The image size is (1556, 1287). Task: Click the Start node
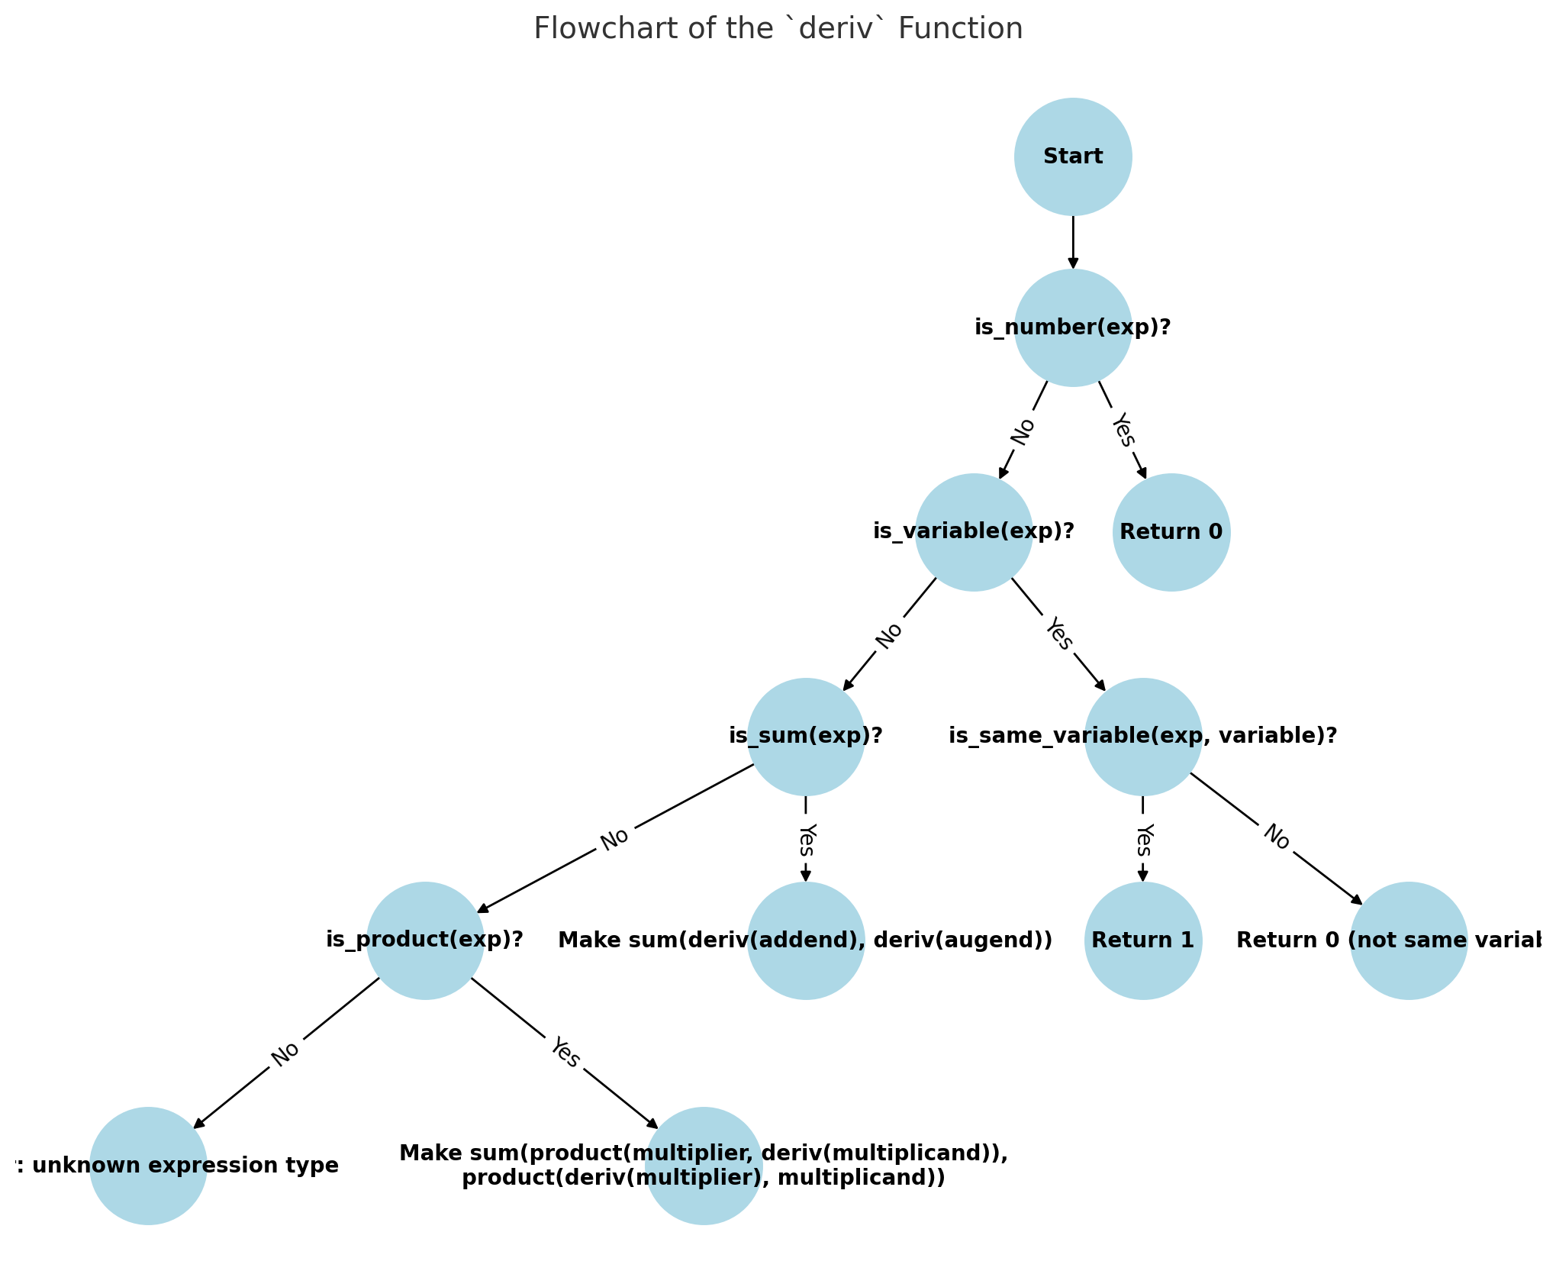(x=1072, y=156)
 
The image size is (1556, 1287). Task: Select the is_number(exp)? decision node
(x=1072, y=327)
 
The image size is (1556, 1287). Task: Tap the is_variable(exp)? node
(x=973, y=532)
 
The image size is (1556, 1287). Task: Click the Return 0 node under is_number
(x=1171, y=532)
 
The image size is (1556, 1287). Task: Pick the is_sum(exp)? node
(x=805, y=737)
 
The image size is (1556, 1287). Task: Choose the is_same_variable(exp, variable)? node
(x=1142, y=737)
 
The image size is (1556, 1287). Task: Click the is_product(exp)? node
(x=425, y=940)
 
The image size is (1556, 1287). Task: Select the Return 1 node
(x=1142, y=940)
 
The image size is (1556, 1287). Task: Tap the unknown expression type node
(x=148, y=1166)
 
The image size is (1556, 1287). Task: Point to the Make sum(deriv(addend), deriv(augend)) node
(x=805, y=940)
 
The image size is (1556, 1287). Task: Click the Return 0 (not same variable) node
(x=1408, y=940)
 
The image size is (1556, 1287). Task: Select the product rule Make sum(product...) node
(x=703, y=1166)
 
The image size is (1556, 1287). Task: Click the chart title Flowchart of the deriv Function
(x=778, y=29)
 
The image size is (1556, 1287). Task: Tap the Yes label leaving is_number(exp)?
(x=1123, y=430)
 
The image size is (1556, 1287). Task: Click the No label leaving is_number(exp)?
(x=1023, y=431)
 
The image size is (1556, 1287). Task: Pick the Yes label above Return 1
(x=1142, y=840)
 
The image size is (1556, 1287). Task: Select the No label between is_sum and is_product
(x=614, y=839)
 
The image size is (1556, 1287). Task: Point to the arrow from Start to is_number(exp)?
(x=1072, y=242)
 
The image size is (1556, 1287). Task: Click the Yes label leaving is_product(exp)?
(x=565, y=1053)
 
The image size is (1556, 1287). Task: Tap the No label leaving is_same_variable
(x=1276, y=837)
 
